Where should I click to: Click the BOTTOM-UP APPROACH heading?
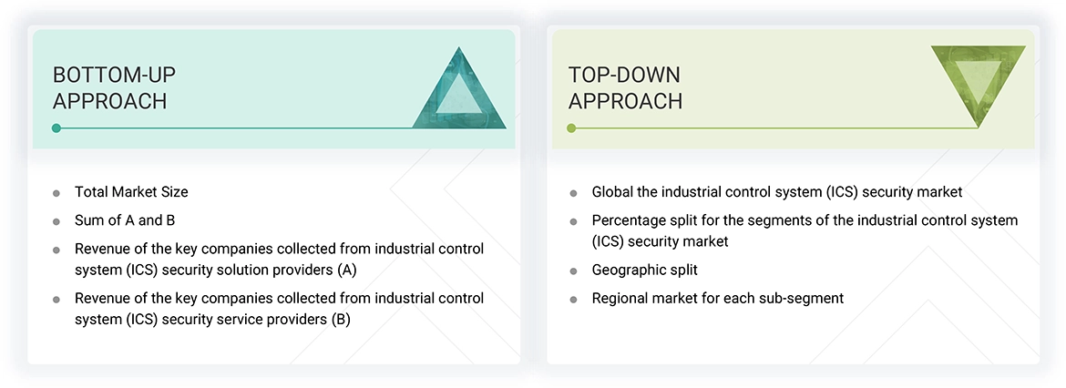(x=109, y=87)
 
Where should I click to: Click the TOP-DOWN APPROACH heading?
(x=625, y=87)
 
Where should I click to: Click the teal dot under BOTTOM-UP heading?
(x=56, y=128)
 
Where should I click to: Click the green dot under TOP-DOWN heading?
(x=571, y=128)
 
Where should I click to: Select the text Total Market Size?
(x=131, y=192)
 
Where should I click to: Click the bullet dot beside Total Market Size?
(x=56, y=193)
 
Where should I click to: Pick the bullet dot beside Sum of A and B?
(x=56, y=221)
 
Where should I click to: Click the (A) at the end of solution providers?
(x=346, y=270)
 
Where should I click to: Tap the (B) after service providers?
(x=340, y=320)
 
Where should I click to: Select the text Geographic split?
(x=644, y=271)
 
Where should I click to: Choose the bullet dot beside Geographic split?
(x=573, y=271)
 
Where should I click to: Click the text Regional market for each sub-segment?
(x=718, y=298)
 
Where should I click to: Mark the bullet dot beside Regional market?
(x=573, y=299)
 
